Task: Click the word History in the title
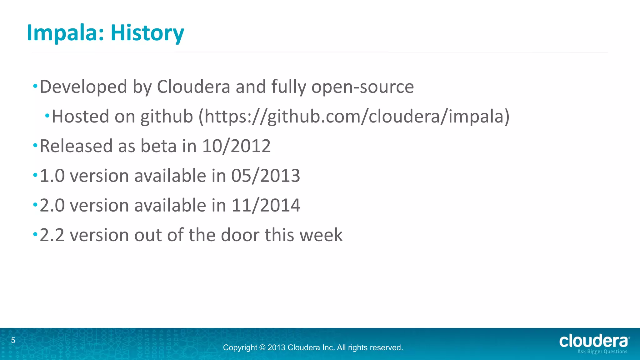[147, 33]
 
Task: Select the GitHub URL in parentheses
[354, 117]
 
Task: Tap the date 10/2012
[236, 146]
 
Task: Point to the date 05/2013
[266, 176]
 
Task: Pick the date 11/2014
[266, 205]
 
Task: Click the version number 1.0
[52, 176]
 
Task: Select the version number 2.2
[52, 235]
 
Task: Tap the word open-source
[362, 87]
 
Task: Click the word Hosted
[80, 117]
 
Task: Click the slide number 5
[13, 340]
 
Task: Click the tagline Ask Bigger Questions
[602, 352]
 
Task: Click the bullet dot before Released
[35, 145]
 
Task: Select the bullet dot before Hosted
[47, 116]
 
